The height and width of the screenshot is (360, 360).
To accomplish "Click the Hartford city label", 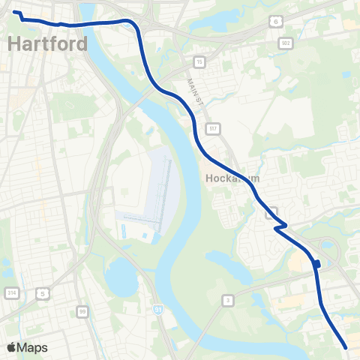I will [46, 43].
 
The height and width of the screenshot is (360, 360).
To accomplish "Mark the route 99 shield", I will [82, 310].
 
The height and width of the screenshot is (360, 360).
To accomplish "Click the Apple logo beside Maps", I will [11, 347].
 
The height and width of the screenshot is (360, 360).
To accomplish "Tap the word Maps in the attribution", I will [32, 347].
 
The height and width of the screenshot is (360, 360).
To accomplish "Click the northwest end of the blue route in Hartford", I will [14, 12].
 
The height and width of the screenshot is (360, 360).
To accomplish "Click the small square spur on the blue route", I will [318, 263].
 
